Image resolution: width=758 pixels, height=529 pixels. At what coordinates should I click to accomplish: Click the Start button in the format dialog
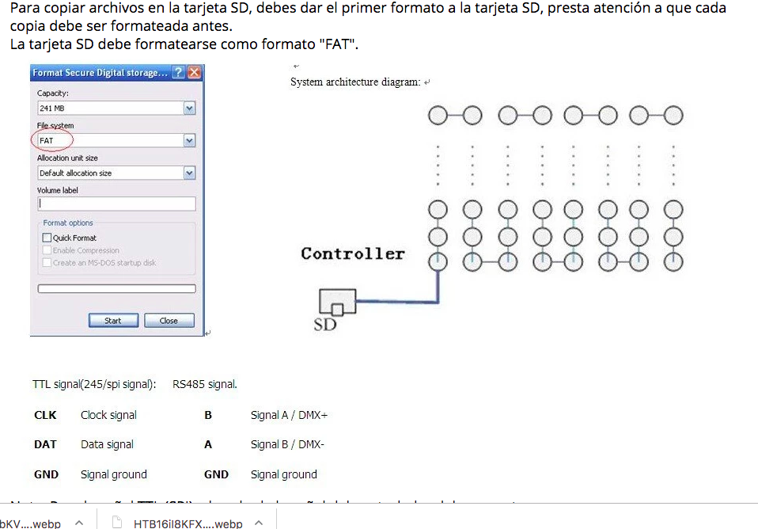tap(113, 321)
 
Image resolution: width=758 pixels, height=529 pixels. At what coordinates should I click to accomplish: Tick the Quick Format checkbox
tap(47, 238)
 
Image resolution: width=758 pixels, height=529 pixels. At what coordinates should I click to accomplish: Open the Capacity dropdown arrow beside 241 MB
tap(189, 108)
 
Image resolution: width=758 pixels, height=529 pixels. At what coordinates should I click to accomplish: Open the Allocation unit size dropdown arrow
tap(189, 173)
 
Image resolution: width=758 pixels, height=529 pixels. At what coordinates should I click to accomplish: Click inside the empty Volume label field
tap(116, 204)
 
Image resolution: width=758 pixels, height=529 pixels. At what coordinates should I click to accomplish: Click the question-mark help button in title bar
tap(178, 73)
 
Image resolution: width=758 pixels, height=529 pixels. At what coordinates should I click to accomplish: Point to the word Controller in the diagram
tap(352, 254)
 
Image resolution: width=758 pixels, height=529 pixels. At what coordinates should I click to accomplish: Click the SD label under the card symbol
tap(325, 324)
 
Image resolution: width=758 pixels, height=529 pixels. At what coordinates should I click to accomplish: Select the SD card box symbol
tap(337, 302)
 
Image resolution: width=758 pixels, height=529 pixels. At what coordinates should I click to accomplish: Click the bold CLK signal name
tap(45, 415)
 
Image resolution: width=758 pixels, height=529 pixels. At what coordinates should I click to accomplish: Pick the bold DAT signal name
tap(45, 444)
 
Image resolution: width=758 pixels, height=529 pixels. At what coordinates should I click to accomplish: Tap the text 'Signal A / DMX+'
tap(289, 415)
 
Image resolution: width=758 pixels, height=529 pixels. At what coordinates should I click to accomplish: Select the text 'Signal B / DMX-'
tap(287, 444)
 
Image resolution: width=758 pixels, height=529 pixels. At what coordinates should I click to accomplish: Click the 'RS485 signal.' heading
tap(205, 385)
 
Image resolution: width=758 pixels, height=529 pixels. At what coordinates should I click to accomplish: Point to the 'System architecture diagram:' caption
tap(355, 82)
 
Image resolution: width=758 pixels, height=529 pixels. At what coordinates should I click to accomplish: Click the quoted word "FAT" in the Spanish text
tap(338, 44)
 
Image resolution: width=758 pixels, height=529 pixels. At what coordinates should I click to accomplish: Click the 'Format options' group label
tap(68, 223)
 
